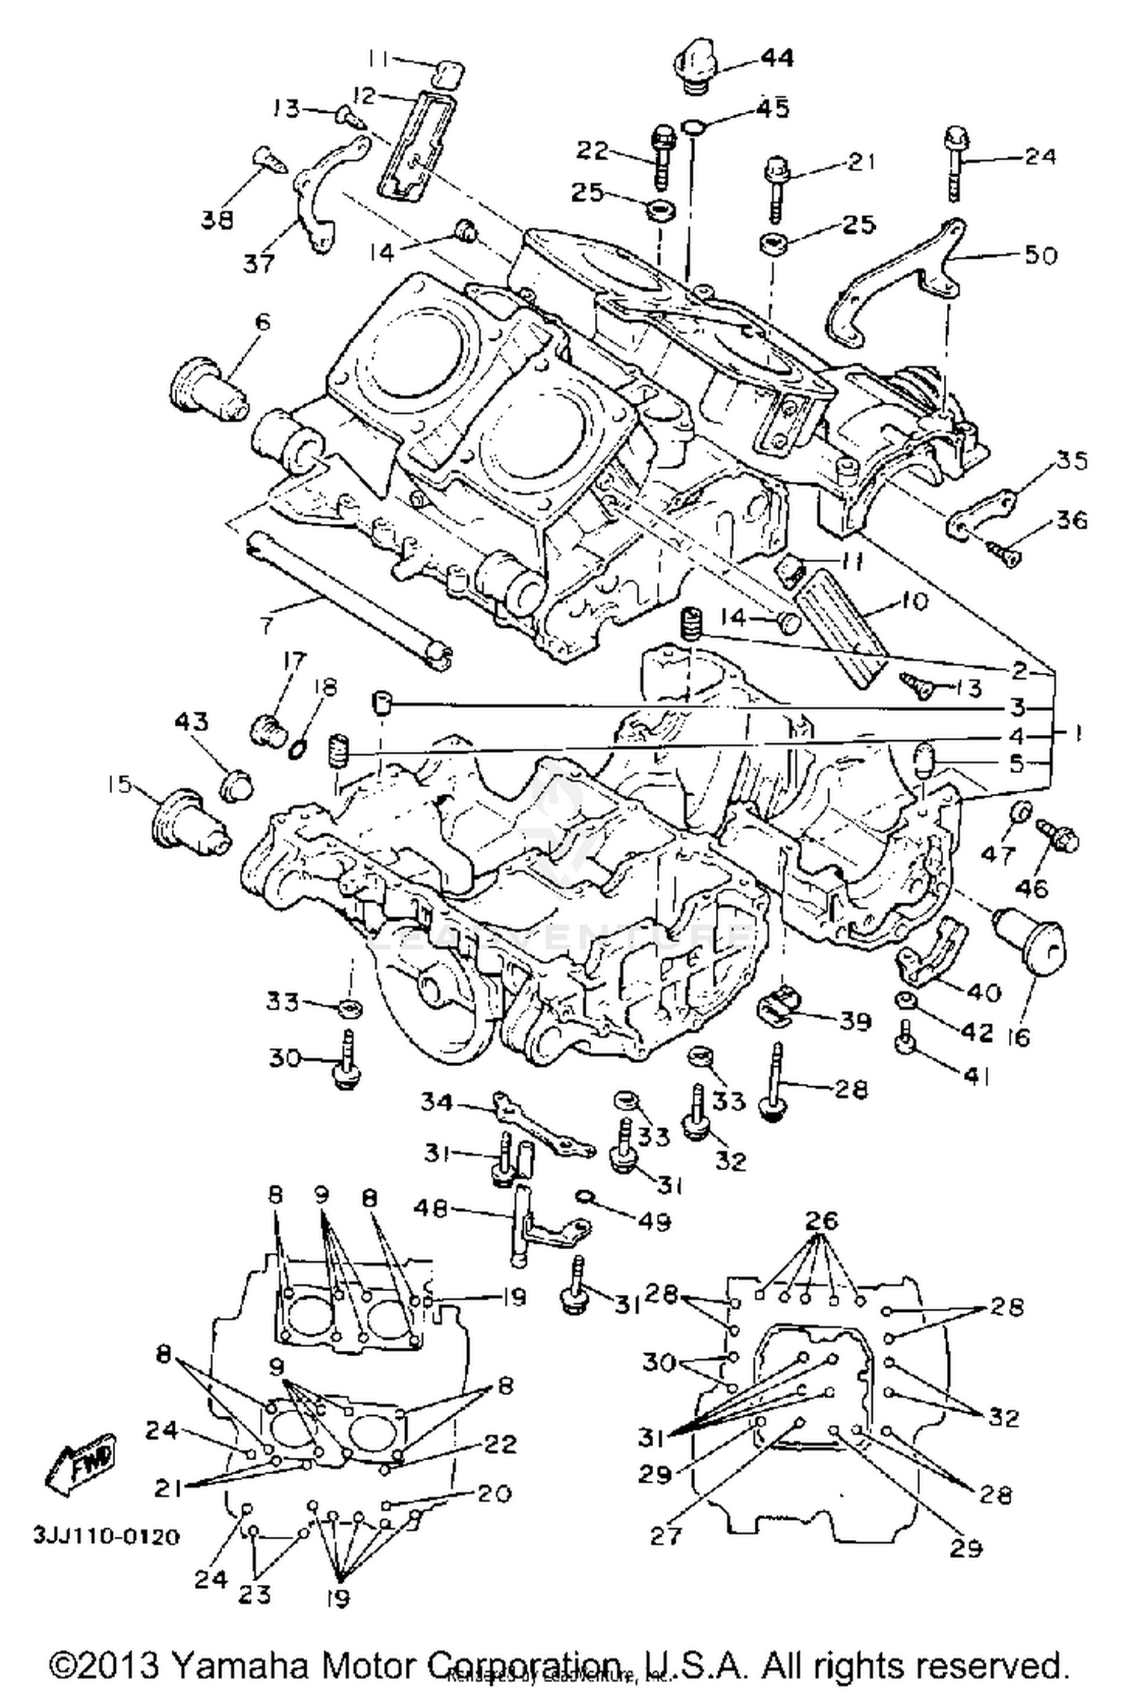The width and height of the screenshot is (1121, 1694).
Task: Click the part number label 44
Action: (777, 58)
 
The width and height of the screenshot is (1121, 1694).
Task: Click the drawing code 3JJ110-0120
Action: (105, 1536)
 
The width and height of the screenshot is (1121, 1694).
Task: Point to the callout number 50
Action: (1040, 255)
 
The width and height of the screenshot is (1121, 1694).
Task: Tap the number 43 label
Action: (192, 723)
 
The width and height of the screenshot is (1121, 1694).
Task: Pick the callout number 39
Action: (853, 1020)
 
